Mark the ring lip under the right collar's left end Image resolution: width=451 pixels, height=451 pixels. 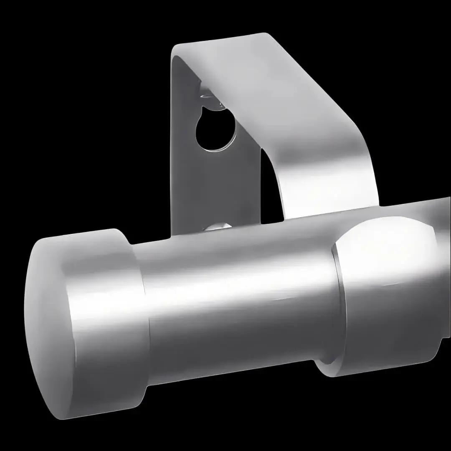pyautogui.click(x=328, y=363)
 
